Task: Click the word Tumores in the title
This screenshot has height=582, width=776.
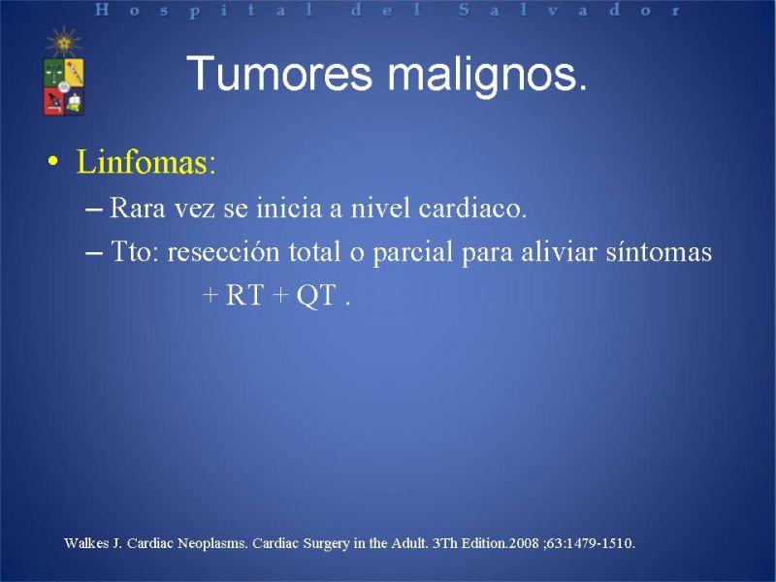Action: pyautogui.click(x=278, y=74)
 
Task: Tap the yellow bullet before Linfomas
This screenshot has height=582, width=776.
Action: pyautogui.click(x=53, y=161)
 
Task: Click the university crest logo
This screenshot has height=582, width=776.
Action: pyautogui.click(x=64, y=86)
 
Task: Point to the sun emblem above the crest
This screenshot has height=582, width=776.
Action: pyautogui.click(x=64, y=42)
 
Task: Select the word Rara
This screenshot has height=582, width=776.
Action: pyautogui.click(x=137, y=208)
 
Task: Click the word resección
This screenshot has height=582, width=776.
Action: pyautogui.click(x=223, y=251)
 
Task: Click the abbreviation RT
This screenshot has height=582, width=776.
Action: pyautogui.click(x=243, y=295)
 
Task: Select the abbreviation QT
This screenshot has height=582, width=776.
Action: pyautogui.click(x=316, y=296)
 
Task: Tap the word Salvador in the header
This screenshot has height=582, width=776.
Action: pyautogui.click(x=569, y=10)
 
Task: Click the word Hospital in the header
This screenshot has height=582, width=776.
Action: pyautogui.click(x=204, y=10)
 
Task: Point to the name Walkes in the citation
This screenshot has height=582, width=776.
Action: pyautogui.click(x=86, y=543)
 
